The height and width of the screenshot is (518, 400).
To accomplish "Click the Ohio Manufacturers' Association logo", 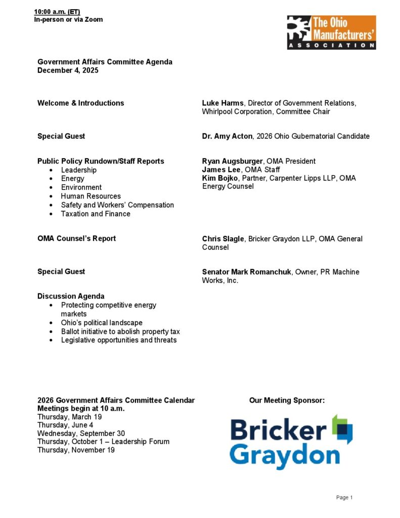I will pyautogui.click(x=331, y=32).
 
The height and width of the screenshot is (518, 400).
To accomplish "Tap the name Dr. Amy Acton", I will pyautogui.click(x=227, y=137).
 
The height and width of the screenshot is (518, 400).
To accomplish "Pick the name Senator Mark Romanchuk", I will pyautogui.click(x=247, y=272).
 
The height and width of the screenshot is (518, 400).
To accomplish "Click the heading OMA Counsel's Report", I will pyautogui.click(x=76, y=239).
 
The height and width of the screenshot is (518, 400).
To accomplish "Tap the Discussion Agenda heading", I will pyautogui.click(x=71, y=296).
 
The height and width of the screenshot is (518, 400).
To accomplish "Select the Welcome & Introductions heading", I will pyautogui.click(x=80, y=103).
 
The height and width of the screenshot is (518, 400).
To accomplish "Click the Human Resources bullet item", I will pyautogui.click(x=91, y=196).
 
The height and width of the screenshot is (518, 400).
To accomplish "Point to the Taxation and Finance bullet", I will pyautogui.click(x=96, y=214).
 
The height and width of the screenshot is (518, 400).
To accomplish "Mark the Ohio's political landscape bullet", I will pyautogui.click(x=102, y=323).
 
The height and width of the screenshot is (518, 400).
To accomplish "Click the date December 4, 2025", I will pyautogui.click(x=68, y=71).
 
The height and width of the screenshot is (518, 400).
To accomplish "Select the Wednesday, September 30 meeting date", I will pyautogui.click(x=81, y=434).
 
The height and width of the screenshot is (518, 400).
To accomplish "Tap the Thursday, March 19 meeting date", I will pyautogui.click(x=69, y=417).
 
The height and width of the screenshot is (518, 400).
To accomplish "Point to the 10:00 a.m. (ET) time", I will pyautogui.click(x=57, y=12).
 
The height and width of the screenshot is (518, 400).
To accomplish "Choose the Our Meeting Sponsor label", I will pyautogui.click(x=287, y=401).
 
